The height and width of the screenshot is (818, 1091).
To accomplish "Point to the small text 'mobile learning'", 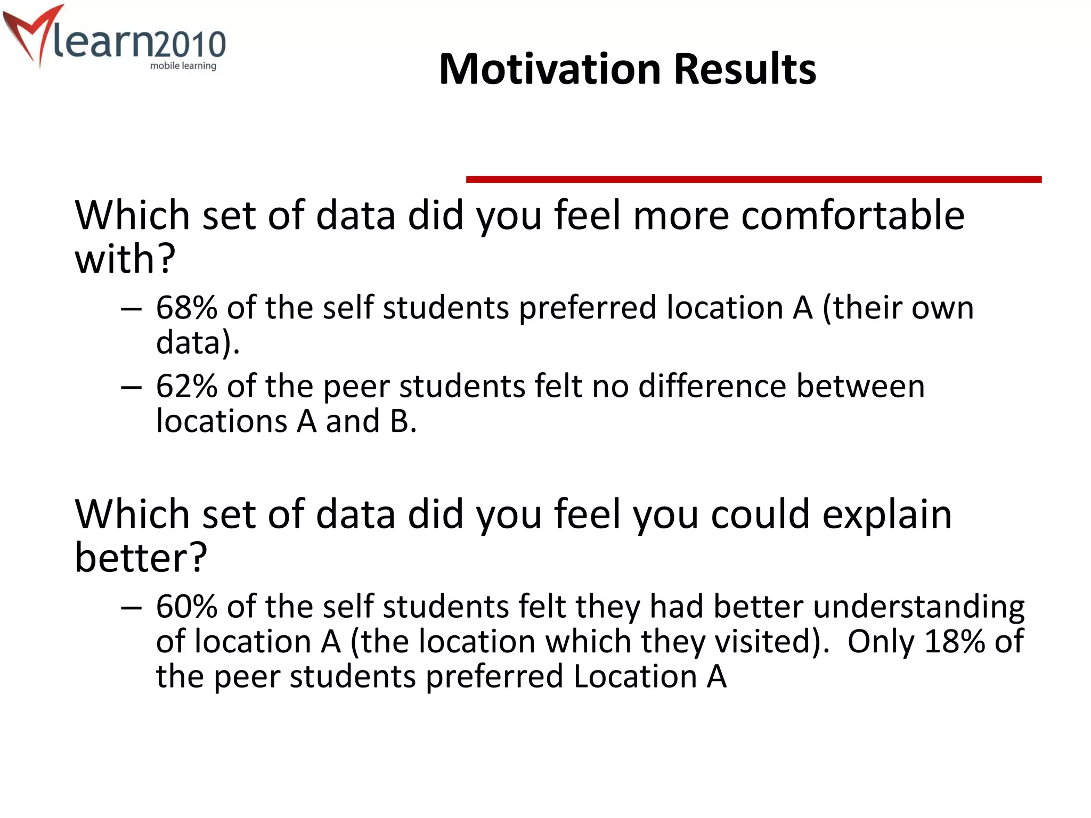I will click(183, 66).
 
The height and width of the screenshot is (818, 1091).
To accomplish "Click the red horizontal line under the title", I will click(753, 180).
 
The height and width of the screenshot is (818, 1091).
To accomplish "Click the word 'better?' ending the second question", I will click(141, 558).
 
